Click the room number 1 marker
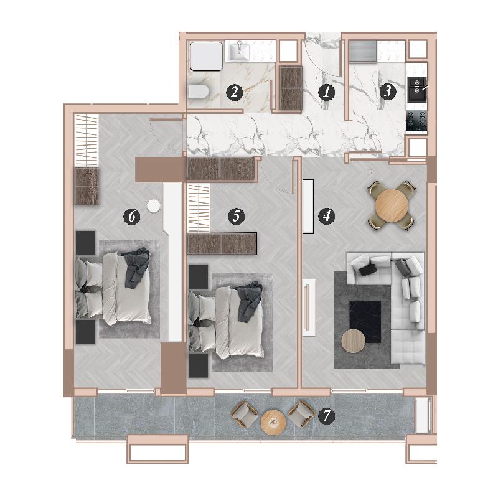click(x=326, y=92)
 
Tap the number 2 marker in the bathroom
click(x=235, y=92)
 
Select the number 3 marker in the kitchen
click(x=387, y=91)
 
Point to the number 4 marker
click(x=326, y=216)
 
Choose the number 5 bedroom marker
click(x=237, y=216)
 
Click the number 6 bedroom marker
click(x=132, y=216)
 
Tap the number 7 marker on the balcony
click(x=327, y=416)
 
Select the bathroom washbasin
click(x=240, y=52)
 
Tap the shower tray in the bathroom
click(x=206, y=56)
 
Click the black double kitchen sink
click(x=417, y=90)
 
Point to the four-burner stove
click(x=416, y=121)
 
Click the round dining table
click(x=392, y=205)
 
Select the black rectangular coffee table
click(x=365, y=322)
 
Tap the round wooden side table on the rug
click(x=353, y=341)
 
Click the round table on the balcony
click(x=273, y=423)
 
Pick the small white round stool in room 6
click(x=153, y=205)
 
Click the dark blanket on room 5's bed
click(x=250, y=301)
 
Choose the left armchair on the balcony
click(x=245, y=415)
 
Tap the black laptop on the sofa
click(x=369, y=270)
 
